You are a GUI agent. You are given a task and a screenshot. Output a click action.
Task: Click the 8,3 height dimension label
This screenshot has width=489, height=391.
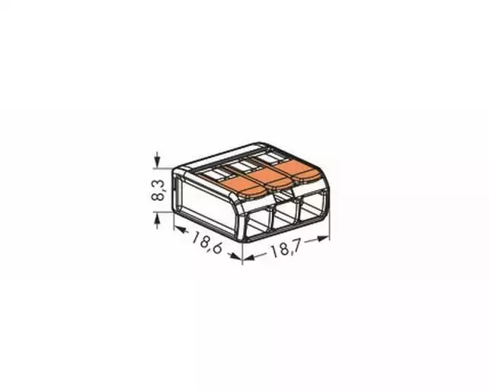[158, 190]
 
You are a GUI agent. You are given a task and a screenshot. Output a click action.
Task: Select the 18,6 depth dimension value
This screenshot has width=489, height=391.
[206, 242]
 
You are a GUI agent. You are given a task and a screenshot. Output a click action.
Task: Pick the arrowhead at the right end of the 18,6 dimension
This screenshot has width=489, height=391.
[236, 256]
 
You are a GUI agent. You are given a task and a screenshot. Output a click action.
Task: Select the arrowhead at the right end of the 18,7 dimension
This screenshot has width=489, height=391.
[324, 239]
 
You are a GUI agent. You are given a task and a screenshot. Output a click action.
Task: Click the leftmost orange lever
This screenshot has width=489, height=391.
[243, 187]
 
